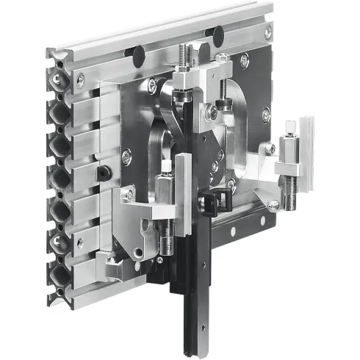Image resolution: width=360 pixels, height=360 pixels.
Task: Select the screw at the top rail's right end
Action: pyautogui.click(x=267, y=31)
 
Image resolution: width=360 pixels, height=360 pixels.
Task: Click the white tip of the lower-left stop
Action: pyautogui.click(x=165, y=165)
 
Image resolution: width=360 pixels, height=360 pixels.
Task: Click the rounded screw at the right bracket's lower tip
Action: pyautogui.click(x=273, y=206)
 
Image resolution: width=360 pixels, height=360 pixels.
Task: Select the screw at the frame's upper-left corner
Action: pyautogui.click(x=80, y=79)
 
